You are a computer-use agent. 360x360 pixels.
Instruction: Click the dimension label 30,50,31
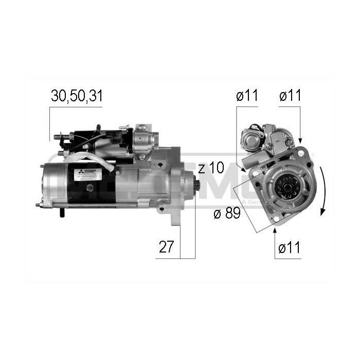[x=76, y=96]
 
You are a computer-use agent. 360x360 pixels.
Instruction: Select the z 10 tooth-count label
[x=211, y=169]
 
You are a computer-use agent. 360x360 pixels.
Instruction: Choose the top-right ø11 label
[x=290, y=96]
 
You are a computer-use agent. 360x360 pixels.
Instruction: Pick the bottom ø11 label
[x=288, y=247]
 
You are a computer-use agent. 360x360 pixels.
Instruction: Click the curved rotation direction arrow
[x=323, y=190]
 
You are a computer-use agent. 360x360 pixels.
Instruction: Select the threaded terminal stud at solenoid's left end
[x=57, y=137]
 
